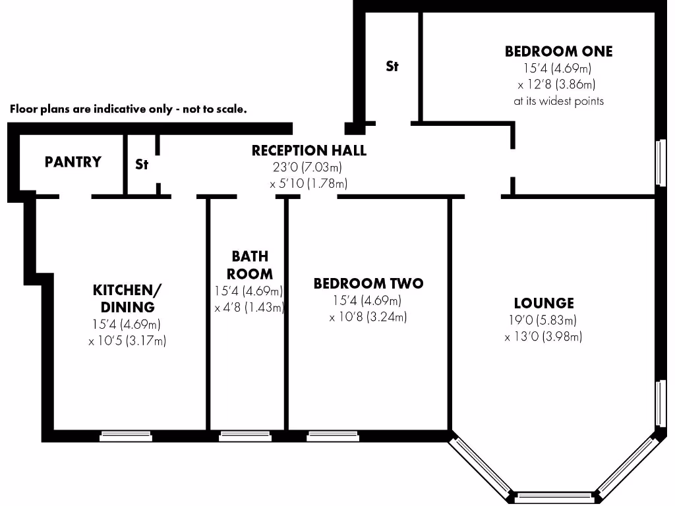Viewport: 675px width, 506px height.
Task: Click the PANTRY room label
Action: [73, 162]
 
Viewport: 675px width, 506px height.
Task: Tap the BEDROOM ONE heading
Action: [558, 51]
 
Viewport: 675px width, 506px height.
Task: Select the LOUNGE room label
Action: [544, 303]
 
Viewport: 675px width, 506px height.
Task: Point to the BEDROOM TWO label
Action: [368, 284]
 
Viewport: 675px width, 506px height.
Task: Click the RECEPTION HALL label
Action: [308, 151]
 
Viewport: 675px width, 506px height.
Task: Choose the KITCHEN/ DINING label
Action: [127, 298]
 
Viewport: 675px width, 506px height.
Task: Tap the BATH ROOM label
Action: [249, 265]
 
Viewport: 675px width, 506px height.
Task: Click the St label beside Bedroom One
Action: [392, 67]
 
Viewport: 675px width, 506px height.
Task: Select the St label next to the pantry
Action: [142, 165]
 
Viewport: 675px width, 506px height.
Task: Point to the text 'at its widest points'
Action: [558, 101]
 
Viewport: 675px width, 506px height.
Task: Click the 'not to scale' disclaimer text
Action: [128, 109]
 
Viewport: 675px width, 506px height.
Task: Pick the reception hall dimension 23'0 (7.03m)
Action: [308, 167]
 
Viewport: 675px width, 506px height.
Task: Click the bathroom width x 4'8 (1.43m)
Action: [249, 308]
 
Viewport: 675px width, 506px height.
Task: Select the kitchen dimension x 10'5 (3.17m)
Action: [127, 341]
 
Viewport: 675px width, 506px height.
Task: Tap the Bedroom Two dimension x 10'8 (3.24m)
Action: [368, 317]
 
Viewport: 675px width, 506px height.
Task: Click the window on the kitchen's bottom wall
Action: [126, 436]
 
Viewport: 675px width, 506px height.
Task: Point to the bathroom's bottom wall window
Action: [240, 436]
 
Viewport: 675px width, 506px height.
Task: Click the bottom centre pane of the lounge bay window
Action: [554, 495]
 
